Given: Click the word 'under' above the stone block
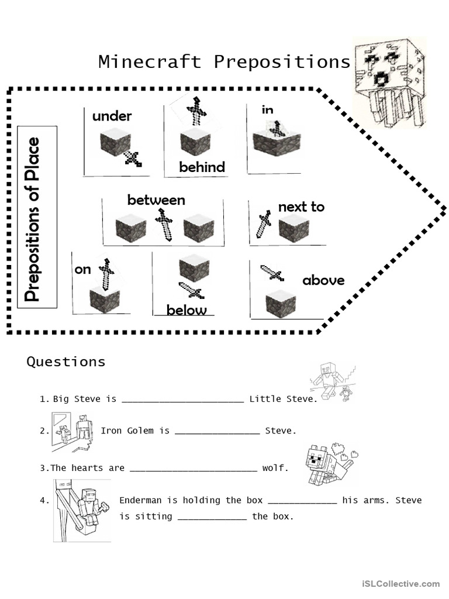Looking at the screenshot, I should (112, 116).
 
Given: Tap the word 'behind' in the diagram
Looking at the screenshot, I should (202, 167).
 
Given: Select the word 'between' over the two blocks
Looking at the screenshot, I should (156, 200).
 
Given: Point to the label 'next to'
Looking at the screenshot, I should (301, 206).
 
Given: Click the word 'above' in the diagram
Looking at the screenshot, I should (323, 280).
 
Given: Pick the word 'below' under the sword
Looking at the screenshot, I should (186, 310).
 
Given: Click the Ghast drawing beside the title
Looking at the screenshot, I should (390, 82).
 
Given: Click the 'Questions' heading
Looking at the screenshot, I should (66, 362).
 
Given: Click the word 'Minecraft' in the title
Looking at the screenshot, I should (150, 61).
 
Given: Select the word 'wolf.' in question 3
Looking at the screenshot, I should (275, 468).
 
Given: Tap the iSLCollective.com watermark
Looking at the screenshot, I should (400, 583).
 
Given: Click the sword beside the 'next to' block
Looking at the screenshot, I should (264, 224).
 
